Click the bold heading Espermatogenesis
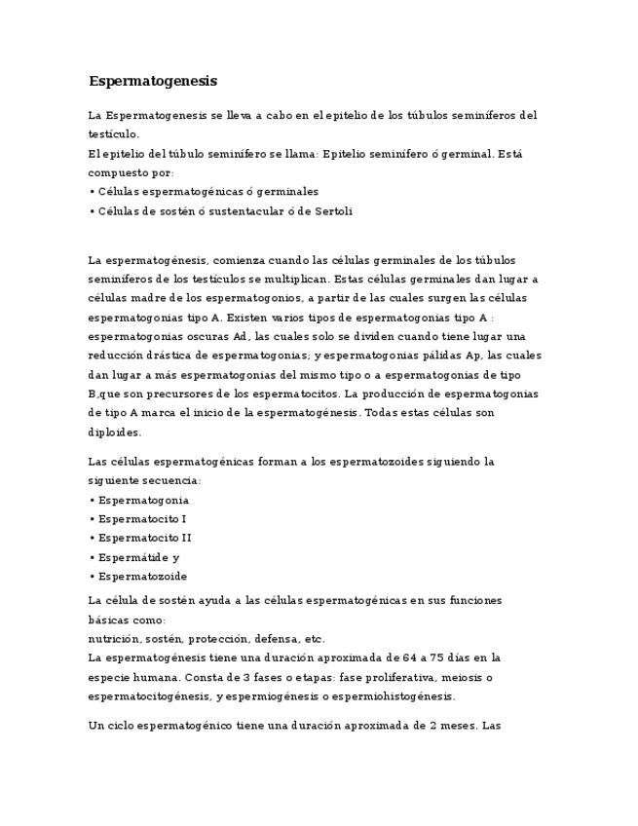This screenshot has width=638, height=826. (x=153, y=81)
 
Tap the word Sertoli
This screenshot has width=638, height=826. (x=332, y=211)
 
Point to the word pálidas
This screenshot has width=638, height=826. (x=436, y=356)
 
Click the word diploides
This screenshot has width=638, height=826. (x=114, y=432)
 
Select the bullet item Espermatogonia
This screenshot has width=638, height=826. (x=143, y=500)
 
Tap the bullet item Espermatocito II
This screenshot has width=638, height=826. (x=144, y=538)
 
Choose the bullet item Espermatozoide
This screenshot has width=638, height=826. (x=142, y=577)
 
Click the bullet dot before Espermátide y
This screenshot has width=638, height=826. (x=92, y=558)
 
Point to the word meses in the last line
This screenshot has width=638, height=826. (x=459, y=727)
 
